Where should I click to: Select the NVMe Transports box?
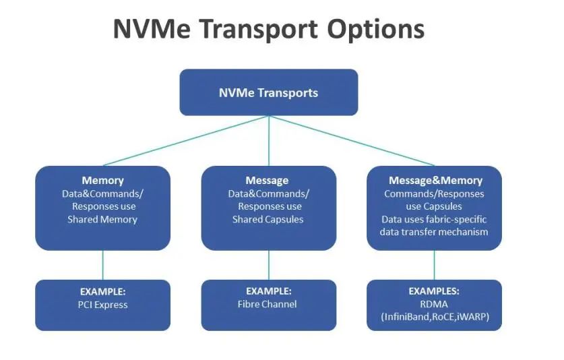click(268, 92)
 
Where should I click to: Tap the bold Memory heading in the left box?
click(102, 181)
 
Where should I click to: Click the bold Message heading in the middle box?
click(268, 181)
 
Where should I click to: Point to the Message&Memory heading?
click(435, 181)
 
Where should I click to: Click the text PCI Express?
click(102, 304)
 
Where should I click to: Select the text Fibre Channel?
click(268, 304)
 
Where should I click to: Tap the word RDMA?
click(434, 304)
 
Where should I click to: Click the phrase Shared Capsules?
click(268, 219)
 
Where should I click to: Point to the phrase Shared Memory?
click(102, 219)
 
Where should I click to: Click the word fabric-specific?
click(457, 219)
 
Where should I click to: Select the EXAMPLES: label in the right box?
click(434, 291)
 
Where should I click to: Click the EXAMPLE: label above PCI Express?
click(102, 291)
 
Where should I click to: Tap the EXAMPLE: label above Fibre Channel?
click(268, 291)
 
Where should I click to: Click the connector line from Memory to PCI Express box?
click(102, 265)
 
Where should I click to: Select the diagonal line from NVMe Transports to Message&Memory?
click(352, 141)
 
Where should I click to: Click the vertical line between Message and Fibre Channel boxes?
click(269, 265)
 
